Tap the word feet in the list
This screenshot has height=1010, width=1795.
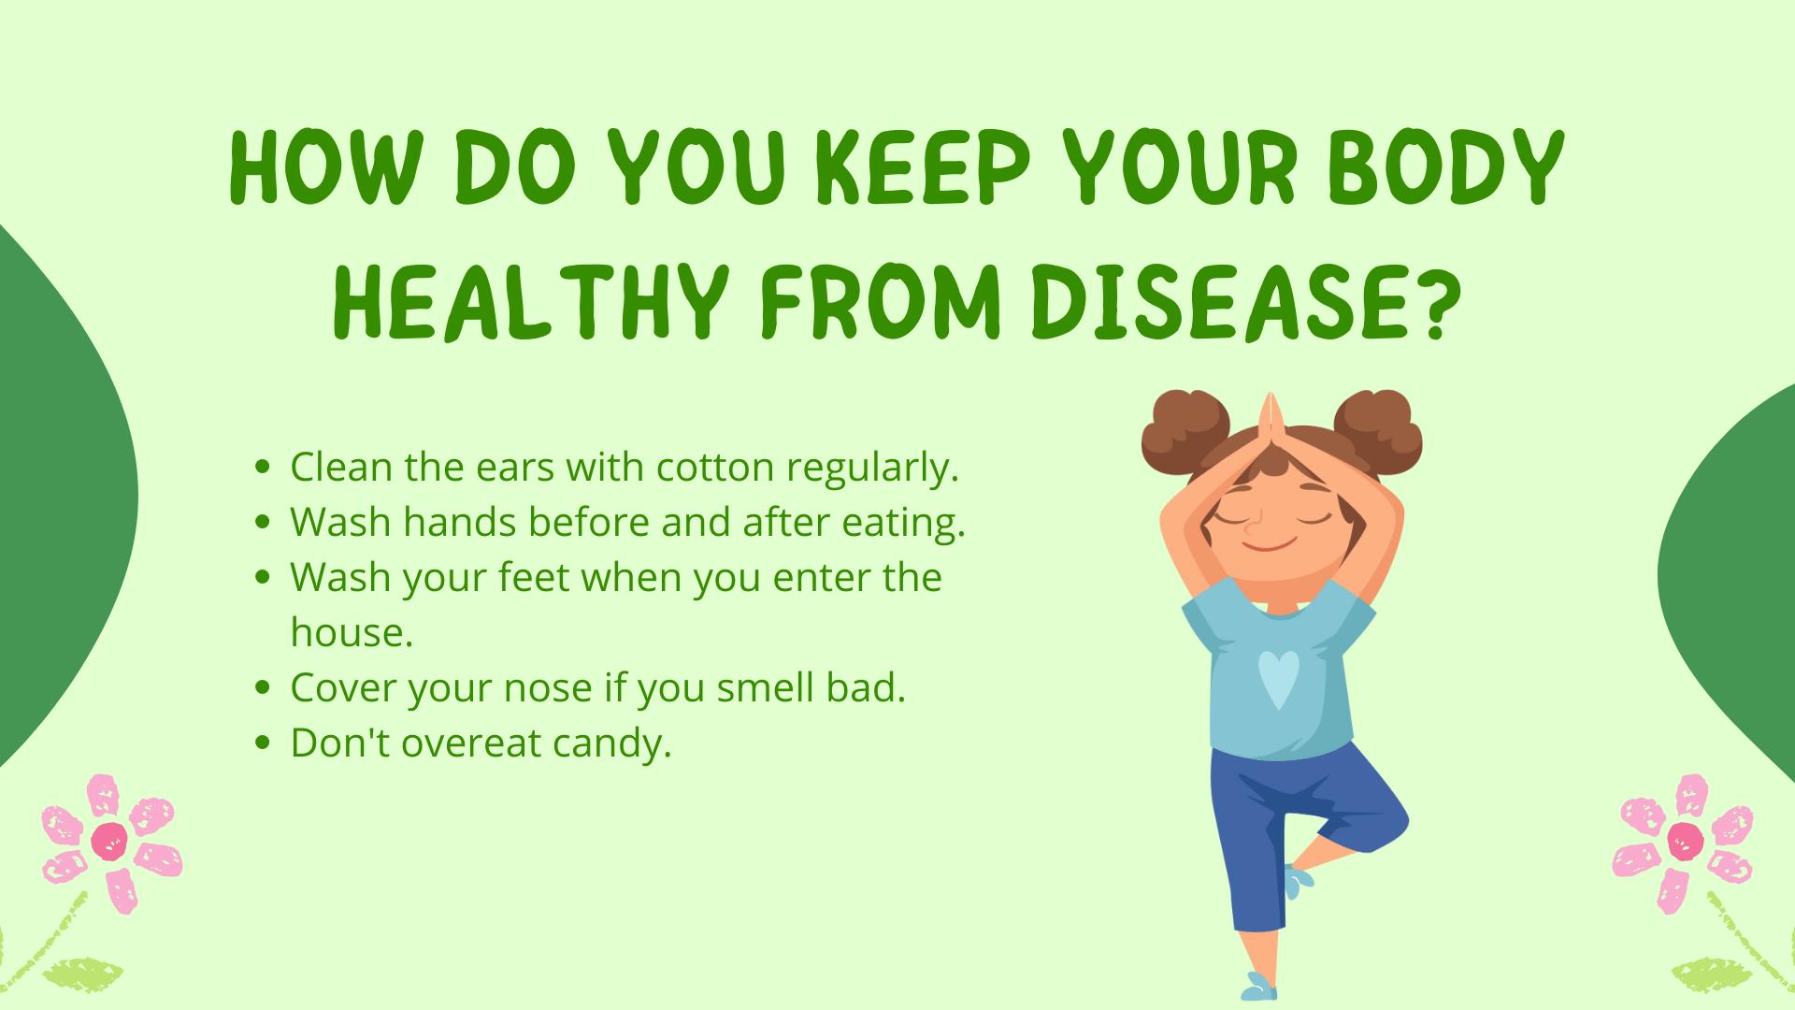click(534, 578)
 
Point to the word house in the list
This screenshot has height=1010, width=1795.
click(351, 633)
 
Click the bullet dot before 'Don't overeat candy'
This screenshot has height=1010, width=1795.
click(263, 743)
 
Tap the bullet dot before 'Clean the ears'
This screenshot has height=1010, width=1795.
click(263, 467)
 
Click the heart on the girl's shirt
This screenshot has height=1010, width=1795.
click(1277, 679)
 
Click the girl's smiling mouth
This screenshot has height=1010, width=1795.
click(1270, 543)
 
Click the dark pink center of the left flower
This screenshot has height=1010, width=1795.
click(109, 842)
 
